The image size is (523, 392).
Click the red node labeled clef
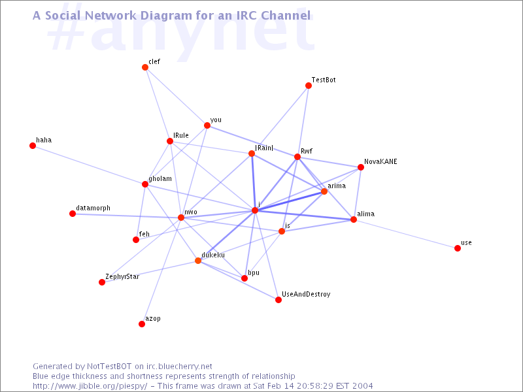coord(145,67)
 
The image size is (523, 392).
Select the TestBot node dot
coord(309,86)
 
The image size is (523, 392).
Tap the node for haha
coord(33,146)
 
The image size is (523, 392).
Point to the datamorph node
coord(73,214)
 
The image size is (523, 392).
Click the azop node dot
coord(142,324)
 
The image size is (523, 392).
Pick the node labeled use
coord(458,248)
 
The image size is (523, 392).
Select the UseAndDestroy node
coord(278,300)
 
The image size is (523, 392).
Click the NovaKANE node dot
coord(361,167)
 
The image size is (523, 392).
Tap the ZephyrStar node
coord(102,282)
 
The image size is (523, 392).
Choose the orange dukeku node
coord(198,261)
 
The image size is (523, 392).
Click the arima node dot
coord(324,191)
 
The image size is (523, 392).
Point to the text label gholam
coord(160,179)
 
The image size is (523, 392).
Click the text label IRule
coord(181,135)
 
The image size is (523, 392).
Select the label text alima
coord(365,214)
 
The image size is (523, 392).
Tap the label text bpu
coord(254,273)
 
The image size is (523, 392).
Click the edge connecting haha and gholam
coord(89,165)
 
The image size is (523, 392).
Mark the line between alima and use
coord(405,234)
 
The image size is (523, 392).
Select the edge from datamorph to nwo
coord(127,216)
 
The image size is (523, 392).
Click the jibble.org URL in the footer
coord(90,386)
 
